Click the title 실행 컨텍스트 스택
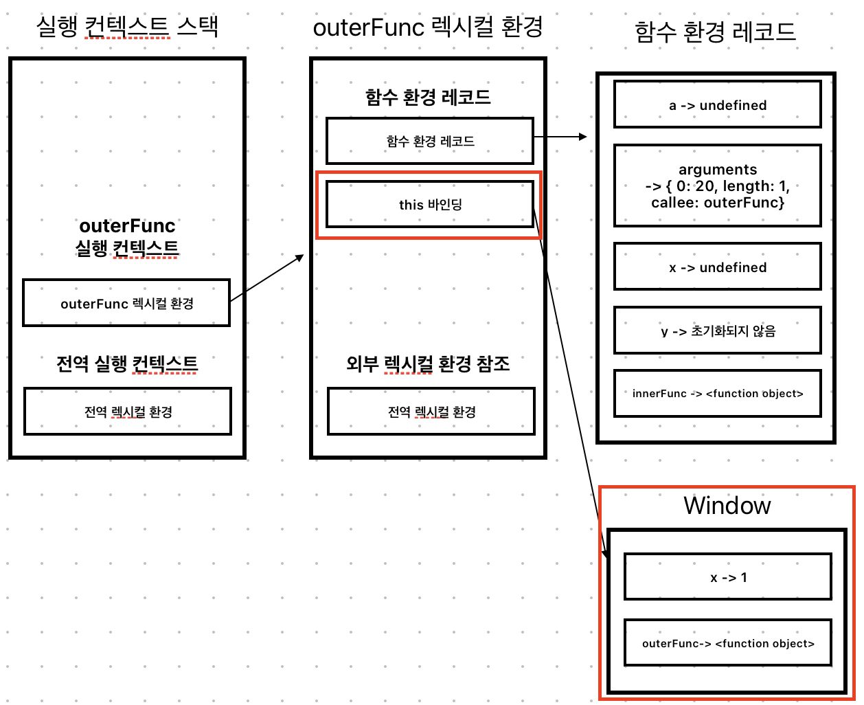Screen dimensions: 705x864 click(x=127, y=27)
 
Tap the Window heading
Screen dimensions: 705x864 click(x=727, y=506)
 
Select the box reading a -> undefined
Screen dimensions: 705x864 click(x=718, y=104)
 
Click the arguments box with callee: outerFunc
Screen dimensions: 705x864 click(x=718, y=186)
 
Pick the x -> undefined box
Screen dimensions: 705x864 click(x=718, y=267)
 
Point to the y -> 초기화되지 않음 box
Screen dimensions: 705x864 click(x=718, y=331)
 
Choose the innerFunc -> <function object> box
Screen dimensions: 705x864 click(x=718, y=394)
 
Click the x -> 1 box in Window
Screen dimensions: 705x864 click(x=728, y=577)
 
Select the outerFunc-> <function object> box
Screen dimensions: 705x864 click(x=728, y=643)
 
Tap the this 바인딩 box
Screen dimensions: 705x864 click(x=430, y=204)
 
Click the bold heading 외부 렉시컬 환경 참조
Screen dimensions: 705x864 click(x=428, y=363)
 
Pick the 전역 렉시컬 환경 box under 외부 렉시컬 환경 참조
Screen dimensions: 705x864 click(x=431, y=412)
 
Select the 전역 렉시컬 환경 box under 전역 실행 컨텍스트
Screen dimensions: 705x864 click(x=128, y=412)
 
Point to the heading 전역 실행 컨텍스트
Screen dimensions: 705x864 click(x=127, y=363)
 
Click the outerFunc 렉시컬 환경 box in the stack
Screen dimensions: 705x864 click(x=126, y=303)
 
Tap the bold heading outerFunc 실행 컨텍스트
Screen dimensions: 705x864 click(x=127, y=236)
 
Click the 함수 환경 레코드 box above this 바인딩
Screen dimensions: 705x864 click(x=430, y=141)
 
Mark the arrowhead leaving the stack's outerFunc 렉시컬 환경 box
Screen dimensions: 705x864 click(x=300, y=257)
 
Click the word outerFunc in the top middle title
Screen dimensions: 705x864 click(x=369, y=27)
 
